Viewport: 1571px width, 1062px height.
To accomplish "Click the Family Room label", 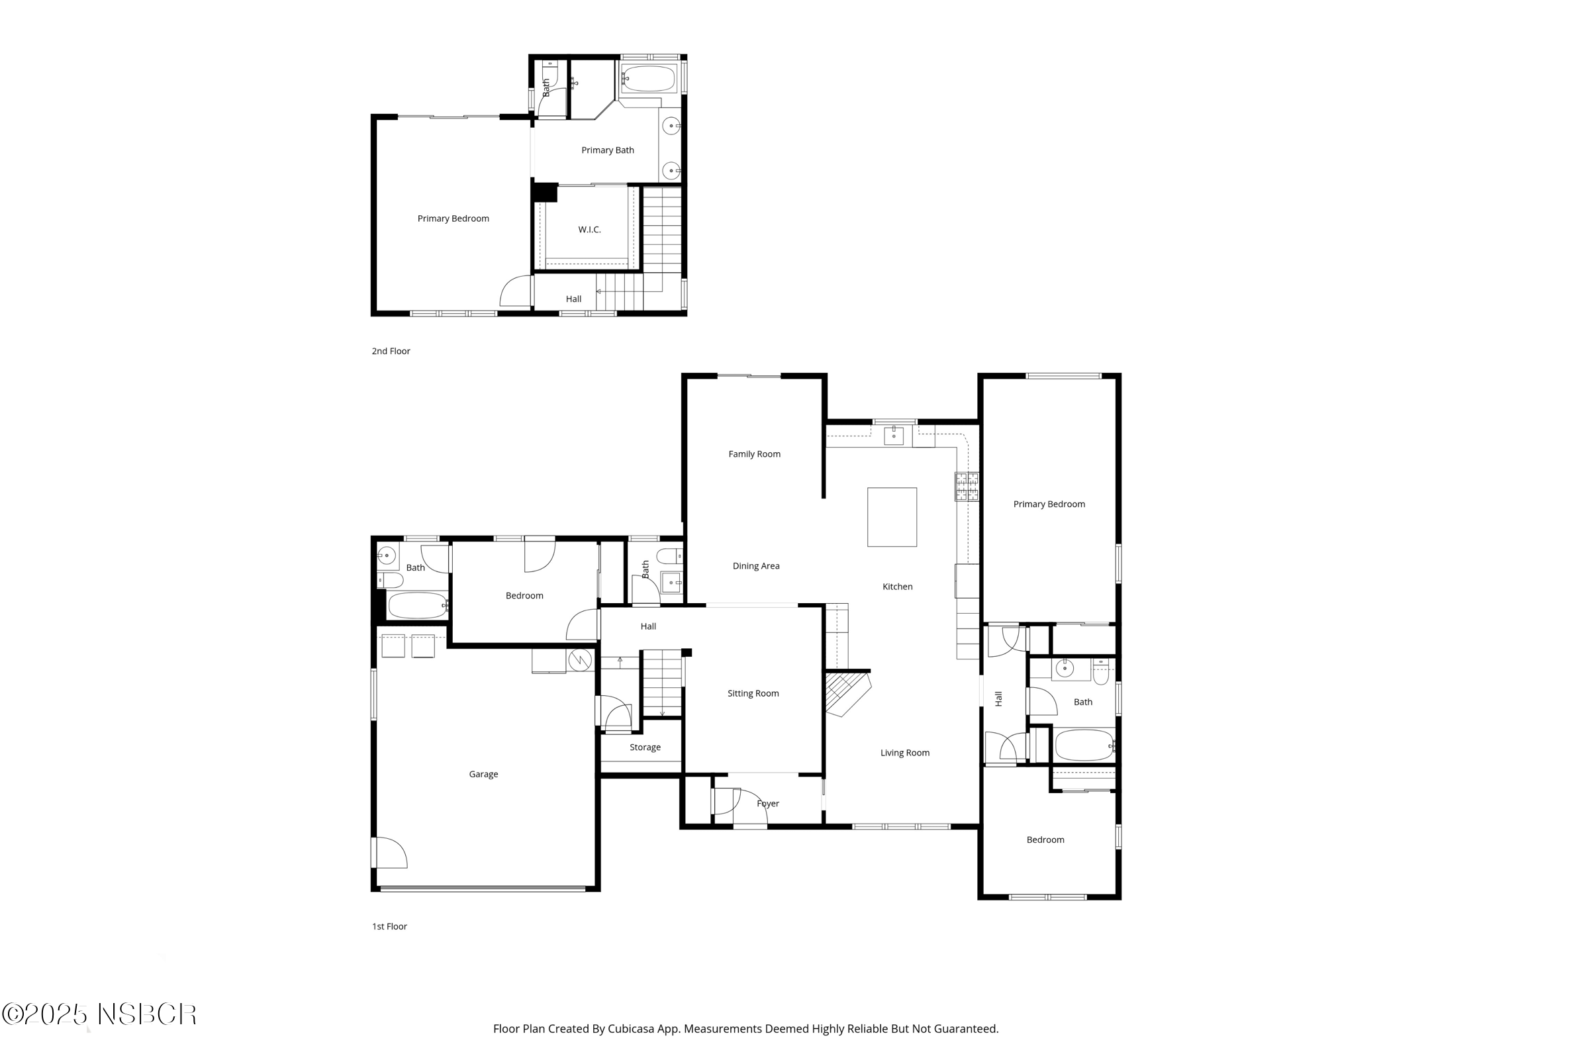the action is point(755,454).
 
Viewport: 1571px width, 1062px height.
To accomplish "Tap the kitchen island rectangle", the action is point(892,517).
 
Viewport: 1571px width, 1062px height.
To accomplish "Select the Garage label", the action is point(483,774).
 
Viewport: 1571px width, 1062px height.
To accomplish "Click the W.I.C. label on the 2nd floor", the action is point(589,230).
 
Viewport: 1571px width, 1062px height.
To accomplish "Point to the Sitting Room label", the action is point(753,694).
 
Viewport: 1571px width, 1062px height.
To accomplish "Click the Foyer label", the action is point(768,804).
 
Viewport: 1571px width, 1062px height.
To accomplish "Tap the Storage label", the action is point(645,748).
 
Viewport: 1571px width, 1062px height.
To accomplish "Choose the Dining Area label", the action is point(756,567).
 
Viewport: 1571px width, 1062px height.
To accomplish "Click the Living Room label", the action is point(904,753).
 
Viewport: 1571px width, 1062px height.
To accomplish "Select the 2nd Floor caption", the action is point(391,352).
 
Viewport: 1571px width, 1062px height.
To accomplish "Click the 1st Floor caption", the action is point(389,927).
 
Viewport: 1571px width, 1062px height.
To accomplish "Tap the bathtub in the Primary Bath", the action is point(648,79).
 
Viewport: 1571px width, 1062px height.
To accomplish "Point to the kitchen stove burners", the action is point(967,487).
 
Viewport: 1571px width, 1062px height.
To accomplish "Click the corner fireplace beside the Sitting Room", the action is point(846,693).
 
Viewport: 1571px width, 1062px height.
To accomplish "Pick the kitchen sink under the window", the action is point(894,436).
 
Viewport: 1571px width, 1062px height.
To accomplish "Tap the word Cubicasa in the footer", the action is point(631,1029).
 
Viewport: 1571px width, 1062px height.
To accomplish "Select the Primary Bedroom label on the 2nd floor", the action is point(453,219).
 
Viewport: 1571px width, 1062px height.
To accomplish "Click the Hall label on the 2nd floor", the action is point(573,299).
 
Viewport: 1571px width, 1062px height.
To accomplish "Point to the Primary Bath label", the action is point(608,151).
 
